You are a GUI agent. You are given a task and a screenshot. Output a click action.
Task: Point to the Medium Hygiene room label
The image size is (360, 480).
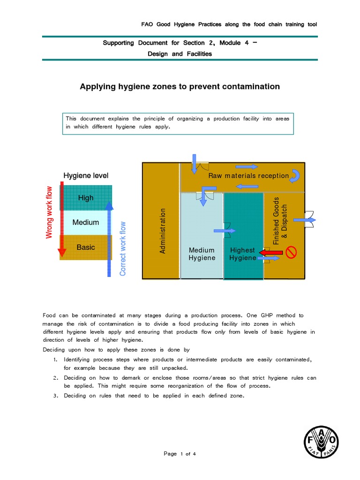coord(202,254)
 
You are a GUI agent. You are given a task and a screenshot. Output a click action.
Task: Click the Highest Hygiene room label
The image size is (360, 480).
coord(242,254)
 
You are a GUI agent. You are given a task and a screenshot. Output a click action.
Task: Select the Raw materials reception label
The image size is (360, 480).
coord(248,176)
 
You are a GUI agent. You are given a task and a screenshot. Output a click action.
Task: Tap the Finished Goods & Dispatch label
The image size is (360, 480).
coord(280,220)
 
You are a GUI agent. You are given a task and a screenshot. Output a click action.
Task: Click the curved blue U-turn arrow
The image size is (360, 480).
coord(296,176)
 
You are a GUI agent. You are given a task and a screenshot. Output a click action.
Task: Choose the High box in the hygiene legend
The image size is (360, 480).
coord(86,198)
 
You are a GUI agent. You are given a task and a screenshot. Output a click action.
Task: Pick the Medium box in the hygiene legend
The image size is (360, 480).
coord(86,222)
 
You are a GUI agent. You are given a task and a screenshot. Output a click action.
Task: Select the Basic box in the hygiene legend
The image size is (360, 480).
coord(86,247)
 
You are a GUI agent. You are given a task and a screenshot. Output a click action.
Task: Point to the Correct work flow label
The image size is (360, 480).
coord(123,249)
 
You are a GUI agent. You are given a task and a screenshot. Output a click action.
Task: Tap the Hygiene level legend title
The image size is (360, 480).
coord(86,176)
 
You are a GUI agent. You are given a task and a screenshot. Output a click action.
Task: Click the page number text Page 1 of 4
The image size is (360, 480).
coord(180,454)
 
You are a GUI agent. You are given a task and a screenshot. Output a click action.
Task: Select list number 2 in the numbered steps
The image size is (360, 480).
coord(55,378)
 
